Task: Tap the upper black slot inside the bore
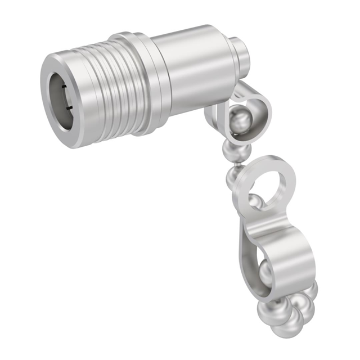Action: [x=67, y=87]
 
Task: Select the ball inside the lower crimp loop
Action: [x=266, y=273]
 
